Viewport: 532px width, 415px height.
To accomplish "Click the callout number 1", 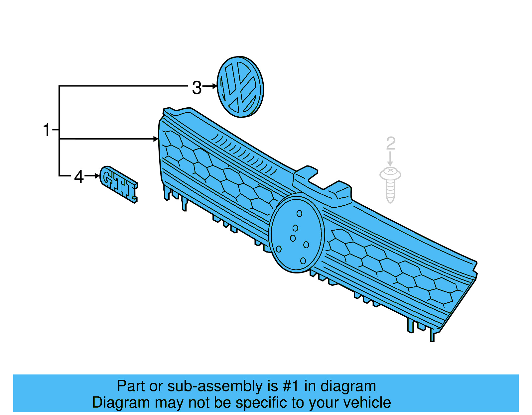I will tap(47, 130).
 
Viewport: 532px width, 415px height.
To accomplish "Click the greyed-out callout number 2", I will tap(391, 144).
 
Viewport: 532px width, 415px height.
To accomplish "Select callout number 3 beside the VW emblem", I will tap(197, 88).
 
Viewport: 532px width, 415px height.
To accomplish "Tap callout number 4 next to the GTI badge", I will tap(79, 177).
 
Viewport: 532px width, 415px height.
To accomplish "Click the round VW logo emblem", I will tap(240, 87).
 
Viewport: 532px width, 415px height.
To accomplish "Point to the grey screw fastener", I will tap(390, 185).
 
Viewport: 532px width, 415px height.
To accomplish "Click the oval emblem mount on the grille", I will tap(297, 233).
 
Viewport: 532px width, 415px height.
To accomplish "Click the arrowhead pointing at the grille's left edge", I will tap(156, 139).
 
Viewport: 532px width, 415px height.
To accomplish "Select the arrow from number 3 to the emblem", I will tap(210, 86).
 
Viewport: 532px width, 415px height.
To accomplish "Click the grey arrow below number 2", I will tap(390, 159).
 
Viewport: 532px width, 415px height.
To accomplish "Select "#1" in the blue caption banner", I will tap(291, 386).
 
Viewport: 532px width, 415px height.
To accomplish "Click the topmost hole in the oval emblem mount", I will tap(299, 214).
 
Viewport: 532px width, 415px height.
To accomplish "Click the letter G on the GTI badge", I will tap(107, 176).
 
